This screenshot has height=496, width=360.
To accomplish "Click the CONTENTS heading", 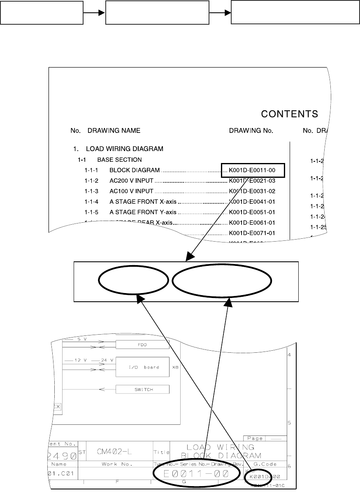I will pyautogui.click(x=290, y=114).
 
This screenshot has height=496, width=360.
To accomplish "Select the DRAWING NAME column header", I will pyautogui.click(x=114, y=131).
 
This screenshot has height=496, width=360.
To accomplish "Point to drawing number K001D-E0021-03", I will pyautogui.click(x=252, y=181).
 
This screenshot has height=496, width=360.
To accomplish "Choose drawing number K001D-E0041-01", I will pyautogui.click(x=252, y=202).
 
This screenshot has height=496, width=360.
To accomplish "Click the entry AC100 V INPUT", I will pyautogui.click(x=131, y=191).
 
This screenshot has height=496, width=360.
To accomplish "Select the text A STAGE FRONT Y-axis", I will pyautogui.click(x=143, y=212).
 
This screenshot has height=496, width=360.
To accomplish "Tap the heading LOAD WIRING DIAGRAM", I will pyautogui.click(x=124, y=149).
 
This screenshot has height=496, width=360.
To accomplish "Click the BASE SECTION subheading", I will pyautogui.click(x=119, y=159).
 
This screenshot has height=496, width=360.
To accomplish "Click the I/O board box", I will pyautogui.click(x=142, y=367).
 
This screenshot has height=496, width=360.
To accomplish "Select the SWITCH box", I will pyautogui.click(x=142, y=389).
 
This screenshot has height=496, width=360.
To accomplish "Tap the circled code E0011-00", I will pyautogui.click(x=196, y=474).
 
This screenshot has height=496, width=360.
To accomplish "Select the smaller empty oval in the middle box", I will pyautogui.click(x=134, y=282).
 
